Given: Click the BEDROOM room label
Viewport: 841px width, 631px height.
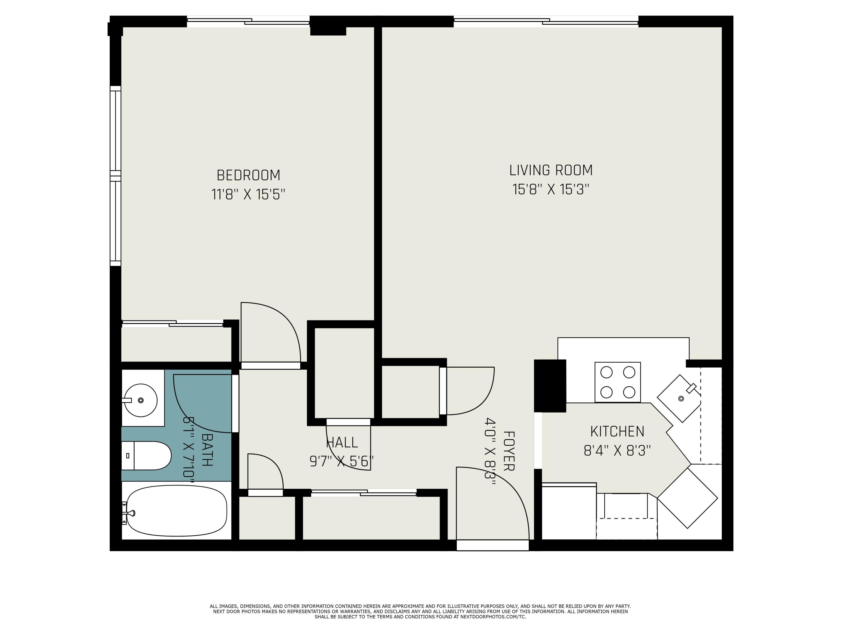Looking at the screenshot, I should pyautogui.click(x=248, y=175).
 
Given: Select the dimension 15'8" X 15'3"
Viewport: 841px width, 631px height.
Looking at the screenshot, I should pyautogui.click(x=551, y=189).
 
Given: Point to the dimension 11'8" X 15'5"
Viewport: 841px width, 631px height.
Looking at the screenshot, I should pyautogui.click(x=248, y=195).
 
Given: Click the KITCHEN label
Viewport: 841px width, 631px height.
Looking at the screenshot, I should pyautogui.click(x=617, y=431).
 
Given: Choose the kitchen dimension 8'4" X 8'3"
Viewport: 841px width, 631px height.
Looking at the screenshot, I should pyautogui.click(x=617, y=451).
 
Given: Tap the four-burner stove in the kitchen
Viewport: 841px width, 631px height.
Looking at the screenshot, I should pyautogui.click(x=618, y=382).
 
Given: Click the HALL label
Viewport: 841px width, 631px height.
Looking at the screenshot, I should pyautogui.click(x=342, y=442).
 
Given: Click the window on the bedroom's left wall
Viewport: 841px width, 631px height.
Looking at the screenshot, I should pyautogui.click(x=115, y=176).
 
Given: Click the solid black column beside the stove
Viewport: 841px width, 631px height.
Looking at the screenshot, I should pyautogui.click(x=550, y=385).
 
